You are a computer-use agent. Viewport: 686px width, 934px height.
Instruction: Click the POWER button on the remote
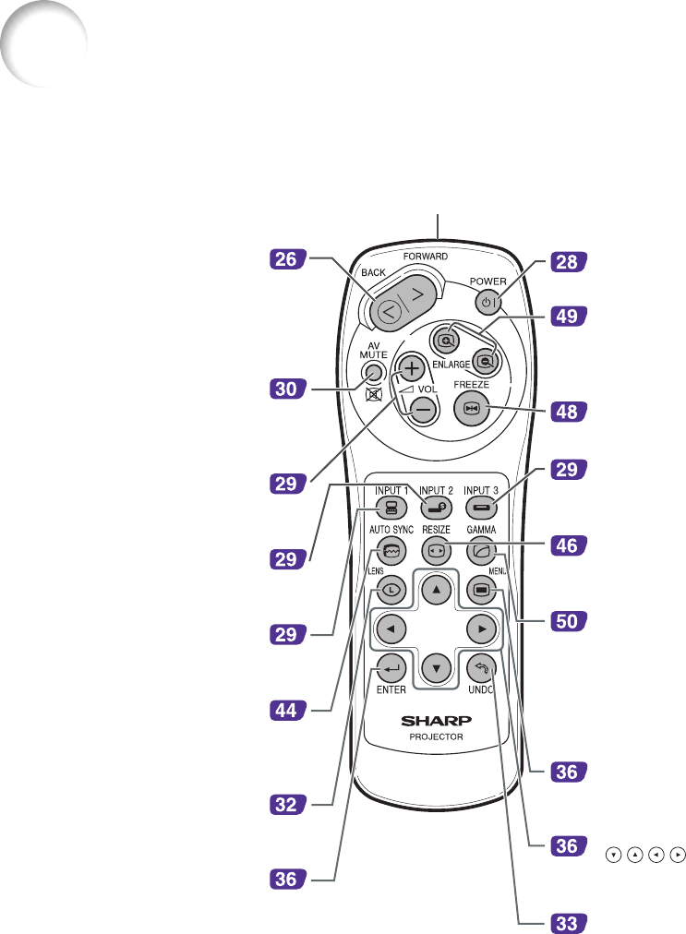tap(487, 302)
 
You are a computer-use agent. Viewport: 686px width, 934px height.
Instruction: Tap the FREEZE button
tap(472, 409)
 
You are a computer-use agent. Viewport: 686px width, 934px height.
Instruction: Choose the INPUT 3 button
tap(483, 506)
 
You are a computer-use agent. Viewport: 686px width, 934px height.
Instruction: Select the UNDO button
tap(481, 665)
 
